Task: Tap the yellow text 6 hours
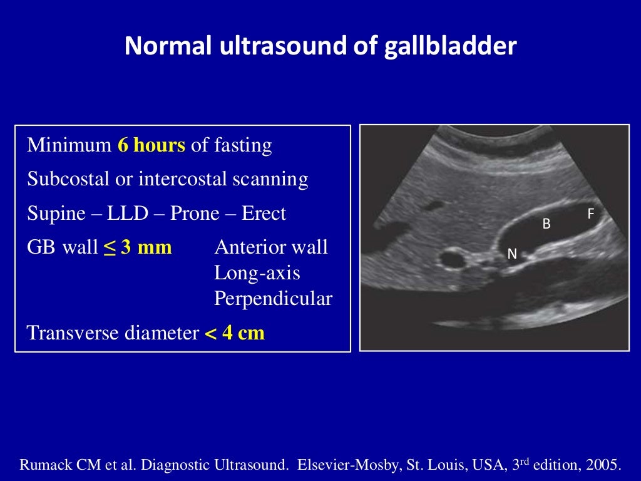point(151,146)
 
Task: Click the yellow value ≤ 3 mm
point(138,247)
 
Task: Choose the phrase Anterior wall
point(271,247)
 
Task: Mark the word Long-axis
point(257,273)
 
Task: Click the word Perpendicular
point(273,299)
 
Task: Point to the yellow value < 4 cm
point(235,333)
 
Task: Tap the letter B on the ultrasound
point(546,224)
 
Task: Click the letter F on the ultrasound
point(590,214)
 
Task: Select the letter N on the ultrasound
point(511,254)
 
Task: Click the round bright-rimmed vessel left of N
point(451,257)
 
